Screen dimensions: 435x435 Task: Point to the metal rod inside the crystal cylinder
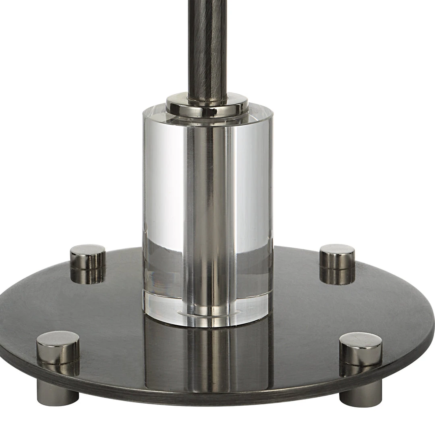(207, 201)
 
